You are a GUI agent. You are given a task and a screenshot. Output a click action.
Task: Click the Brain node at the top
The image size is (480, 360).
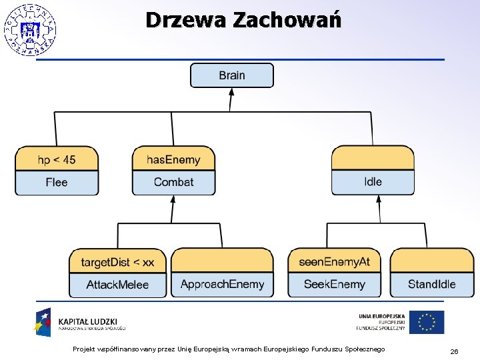[x=231, y=75]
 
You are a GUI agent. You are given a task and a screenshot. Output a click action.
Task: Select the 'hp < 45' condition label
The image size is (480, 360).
[x=57, y=159]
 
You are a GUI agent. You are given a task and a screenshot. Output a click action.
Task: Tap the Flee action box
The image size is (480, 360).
[x=57, y=182]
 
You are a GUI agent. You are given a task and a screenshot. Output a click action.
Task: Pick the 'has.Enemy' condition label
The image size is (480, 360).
[x=173, y=159]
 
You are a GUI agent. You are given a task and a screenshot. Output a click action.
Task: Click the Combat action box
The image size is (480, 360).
[x=173, y=182]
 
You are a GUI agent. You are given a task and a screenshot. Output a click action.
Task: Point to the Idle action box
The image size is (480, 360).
[x=373, y=181]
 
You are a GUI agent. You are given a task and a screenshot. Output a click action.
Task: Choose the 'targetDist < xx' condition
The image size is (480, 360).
[x=118, y=262]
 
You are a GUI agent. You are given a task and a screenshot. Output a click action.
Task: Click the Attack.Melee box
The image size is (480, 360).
[x=118, y=285]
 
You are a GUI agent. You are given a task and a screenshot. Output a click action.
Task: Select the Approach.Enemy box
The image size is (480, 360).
[x=222, y=285]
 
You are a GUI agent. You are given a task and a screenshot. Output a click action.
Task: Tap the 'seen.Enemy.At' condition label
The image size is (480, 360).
[x=335, y=262]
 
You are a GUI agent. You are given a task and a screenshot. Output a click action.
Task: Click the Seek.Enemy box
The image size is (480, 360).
[x=335, y=285]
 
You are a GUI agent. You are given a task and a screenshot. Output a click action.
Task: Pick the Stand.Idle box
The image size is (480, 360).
[x=432, y=285]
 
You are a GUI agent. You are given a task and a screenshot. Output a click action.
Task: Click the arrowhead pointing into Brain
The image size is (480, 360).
[x=231, y=93]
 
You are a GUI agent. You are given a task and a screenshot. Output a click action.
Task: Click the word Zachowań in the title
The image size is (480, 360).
[x=287, y=20]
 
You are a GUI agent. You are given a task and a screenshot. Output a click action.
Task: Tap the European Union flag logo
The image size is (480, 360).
[x=427, y=322]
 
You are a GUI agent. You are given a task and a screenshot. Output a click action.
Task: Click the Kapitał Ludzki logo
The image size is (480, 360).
[x=80, y=323]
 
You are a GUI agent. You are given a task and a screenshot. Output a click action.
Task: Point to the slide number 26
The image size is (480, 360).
[x=454, y=351]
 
